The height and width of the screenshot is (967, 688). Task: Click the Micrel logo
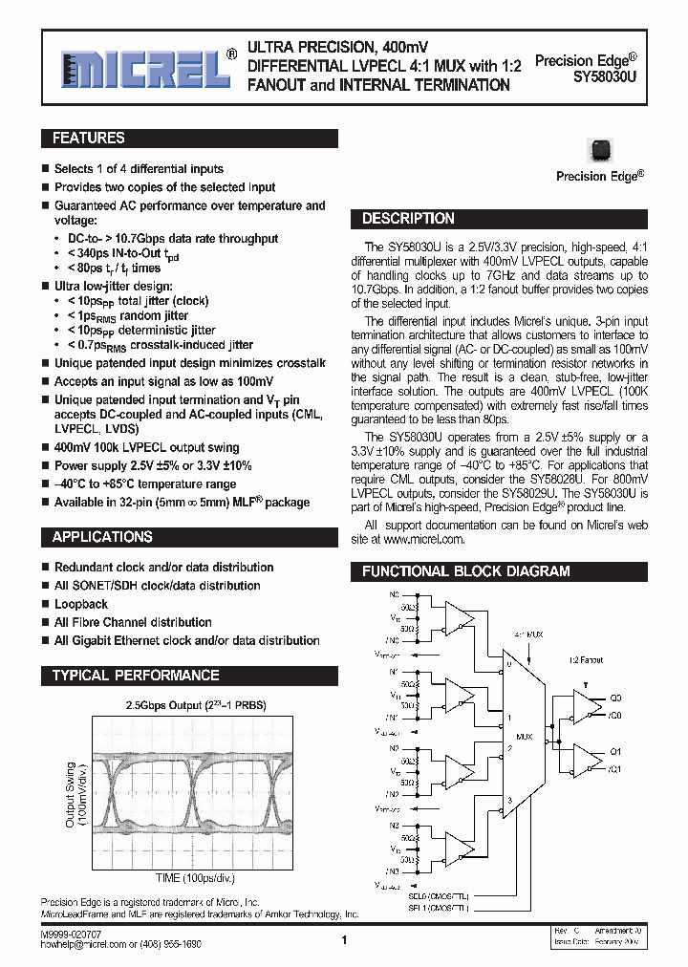pos(140,68)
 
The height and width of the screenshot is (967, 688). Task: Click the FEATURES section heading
pos(88,139)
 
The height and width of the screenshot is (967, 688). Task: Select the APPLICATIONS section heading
pos(102,537)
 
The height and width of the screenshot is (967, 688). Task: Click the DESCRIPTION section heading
pos(408,219)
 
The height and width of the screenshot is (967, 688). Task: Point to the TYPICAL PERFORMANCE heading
pos(136,676)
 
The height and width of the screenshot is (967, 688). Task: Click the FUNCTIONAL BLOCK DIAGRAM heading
pos(465,571)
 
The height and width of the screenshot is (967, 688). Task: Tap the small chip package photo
pos(600,151)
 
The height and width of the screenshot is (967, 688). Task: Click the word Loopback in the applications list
pos(81,604)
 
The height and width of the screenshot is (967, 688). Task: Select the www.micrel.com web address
pos(423,539)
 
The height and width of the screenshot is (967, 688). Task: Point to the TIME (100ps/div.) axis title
pos(195,877)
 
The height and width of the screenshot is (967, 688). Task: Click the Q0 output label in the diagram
pos(616,698)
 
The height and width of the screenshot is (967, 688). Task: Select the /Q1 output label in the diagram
pos(615,768)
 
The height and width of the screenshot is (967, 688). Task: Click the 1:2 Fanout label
pos(586,659)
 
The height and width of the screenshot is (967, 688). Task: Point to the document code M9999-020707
pos(71,932)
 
